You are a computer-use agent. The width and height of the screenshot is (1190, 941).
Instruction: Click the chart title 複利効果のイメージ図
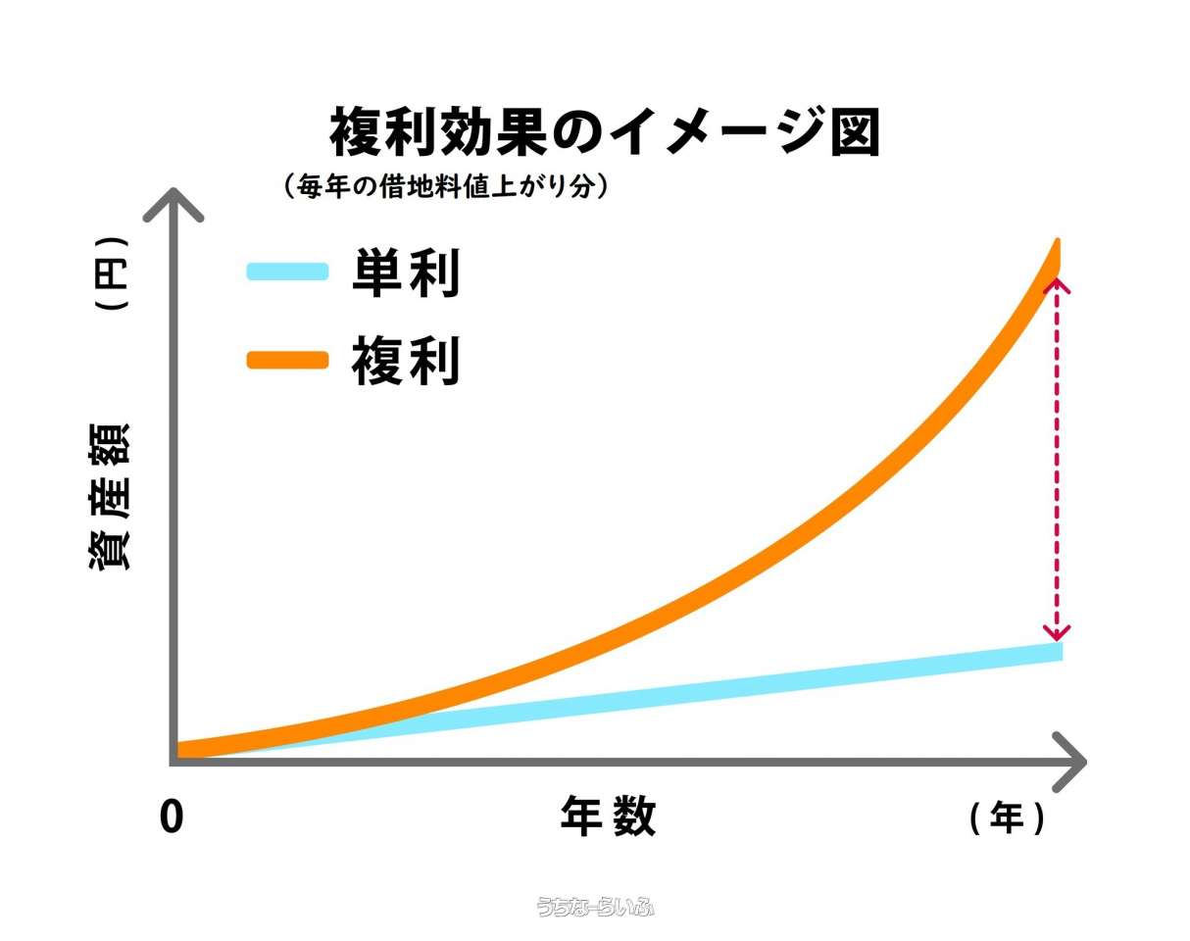pyautogui.click(x=605, y=133)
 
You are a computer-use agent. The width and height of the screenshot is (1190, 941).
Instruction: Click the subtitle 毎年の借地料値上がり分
pyautogui.click(x=446, y=186)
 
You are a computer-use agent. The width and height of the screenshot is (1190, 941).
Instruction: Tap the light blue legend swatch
pyautogui.click(x=287, y=272)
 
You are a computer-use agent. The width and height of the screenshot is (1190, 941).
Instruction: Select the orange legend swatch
pyautogui.click(x=287, y=360)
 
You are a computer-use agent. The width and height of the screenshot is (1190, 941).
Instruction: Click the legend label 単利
pyautogui.click(x=406, y=273)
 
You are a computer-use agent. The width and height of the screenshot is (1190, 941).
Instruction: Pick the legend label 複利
pyautogui.click(x=406, y=362)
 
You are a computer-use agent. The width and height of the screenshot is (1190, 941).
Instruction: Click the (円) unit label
pyautogui.click(x=111, y=273)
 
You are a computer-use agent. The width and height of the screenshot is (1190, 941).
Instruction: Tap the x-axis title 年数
pyautogui.click(x=608, y=817)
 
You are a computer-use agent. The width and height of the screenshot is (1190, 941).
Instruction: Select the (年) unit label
pyautogui.click(x=1007, y=817)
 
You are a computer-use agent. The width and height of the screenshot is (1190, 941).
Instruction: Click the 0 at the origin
pyautogui.click(x=172, y=817)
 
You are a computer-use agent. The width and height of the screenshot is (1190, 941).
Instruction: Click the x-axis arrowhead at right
pyautogui.click(x=1074, y=762)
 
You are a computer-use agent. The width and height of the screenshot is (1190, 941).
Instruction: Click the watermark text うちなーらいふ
pyautogui.click(x=595, y=907)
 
